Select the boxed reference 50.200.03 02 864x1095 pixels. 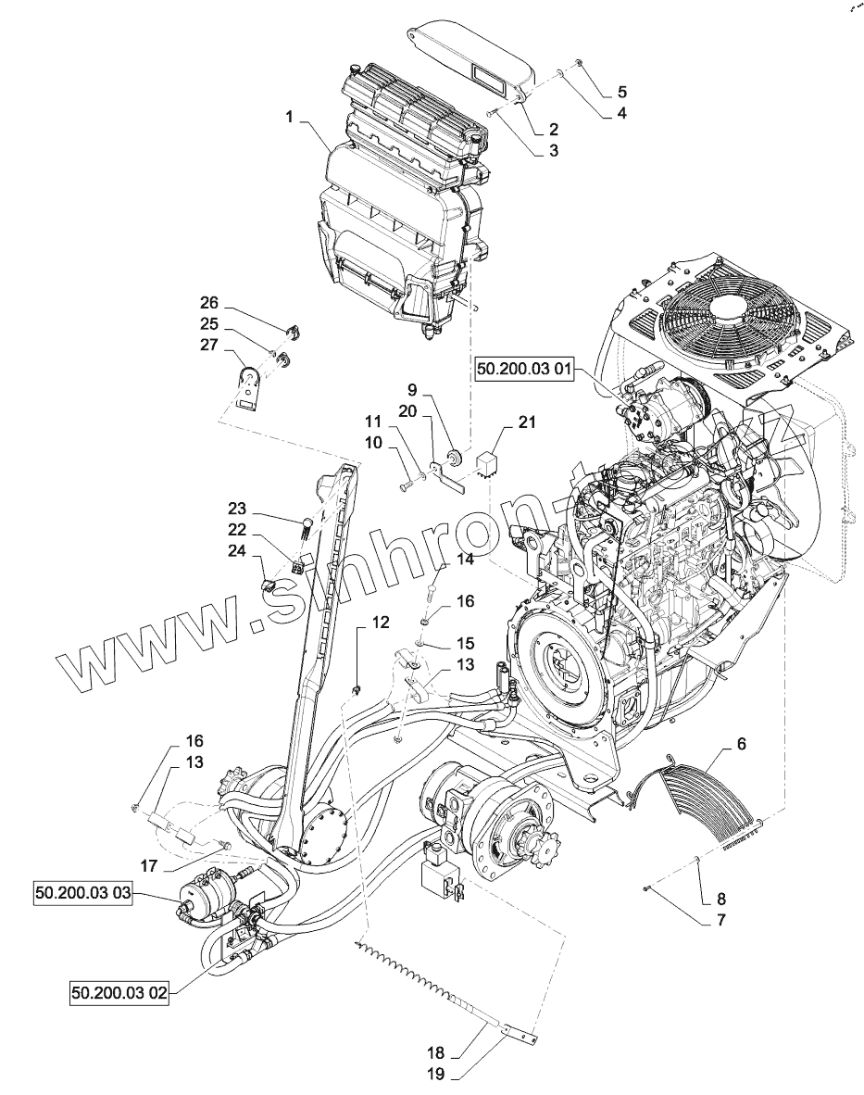(119, 993)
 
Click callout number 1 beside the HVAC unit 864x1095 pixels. (290, 118)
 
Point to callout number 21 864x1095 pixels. (526, 423)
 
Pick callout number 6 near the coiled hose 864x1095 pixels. (742, 745)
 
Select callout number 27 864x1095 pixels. (208, 345)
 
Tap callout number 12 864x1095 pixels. (381, 623)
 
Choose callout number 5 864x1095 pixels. (621, 92)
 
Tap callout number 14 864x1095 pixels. (464, 560)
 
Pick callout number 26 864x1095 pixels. (208, 303)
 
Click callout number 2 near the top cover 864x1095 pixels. (552, 129)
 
